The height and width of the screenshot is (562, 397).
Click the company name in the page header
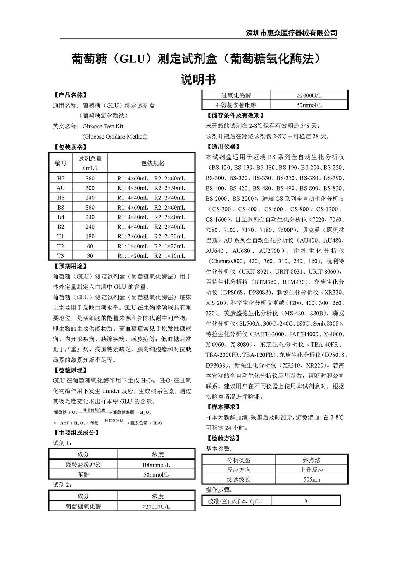[292, 33]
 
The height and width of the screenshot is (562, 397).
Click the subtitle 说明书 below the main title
[198, 80]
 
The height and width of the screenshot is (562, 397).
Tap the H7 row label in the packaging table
[60, 179]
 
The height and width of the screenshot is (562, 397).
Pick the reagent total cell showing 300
[90, 188]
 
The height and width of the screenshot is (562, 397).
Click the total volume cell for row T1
[90, 236]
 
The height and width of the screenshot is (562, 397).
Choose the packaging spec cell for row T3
[151, 256]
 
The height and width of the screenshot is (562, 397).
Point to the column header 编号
[60, 163]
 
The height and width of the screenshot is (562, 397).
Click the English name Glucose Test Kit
[103, 126]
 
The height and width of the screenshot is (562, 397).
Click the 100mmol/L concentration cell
[156, 465]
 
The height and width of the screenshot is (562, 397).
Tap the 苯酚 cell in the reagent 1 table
[83, 475]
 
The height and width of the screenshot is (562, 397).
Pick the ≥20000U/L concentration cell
[156, 506]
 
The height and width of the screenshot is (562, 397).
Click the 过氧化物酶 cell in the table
[236, 95]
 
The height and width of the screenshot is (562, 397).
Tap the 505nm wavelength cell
[311, 480]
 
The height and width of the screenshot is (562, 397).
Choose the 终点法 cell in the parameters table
[311, 460]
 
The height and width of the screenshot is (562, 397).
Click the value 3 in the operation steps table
[306, 501]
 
